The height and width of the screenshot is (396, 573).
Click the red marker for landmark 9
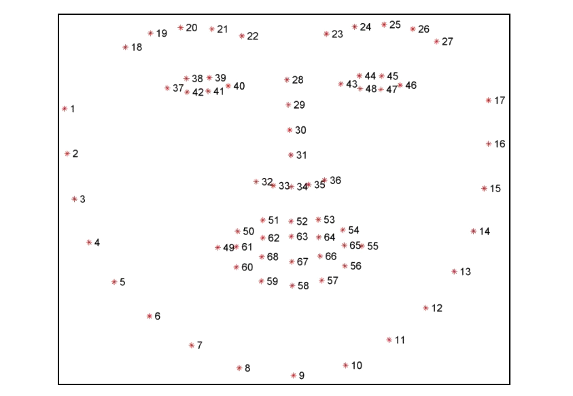(x=294, y=375)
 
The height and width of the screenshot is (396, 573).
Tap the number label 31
(x=302, y=156)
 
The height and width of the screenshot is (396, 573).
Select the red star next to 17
(x=489, y=100)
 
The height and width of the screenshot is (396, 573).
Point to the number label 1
(x=72, y=109)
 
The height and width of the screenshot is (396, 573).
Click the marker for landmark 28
(x=287, y=79)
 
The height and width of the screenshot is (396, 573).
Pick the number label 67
(x=302, y=262)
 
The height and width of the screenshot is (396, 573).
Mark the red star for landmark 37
(x=167, y=88)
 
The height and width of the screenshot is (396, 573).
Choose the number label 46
(x=411, y=86)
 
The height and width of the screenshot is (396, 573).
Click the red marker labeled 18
(x=125, y=47)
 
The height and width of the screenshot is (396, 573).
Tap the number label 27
(x=447, y=41)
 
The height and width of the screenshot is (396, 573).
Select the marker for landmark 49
(x=218, y=248)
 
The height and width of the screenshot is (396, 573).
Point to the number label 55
(x=372, y=246)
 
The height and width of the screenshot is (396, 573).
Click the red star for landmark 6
(x=150, y=316)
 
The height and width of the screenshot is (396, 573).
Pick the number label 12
(x=436, y=308)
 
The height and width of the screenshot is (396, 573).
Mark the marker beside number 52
(x=291, y=221)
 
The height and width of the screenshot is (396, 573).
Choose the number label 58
(x=303, y=286)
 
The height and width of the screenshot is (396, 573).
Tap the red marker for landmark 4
(x=89, y=242)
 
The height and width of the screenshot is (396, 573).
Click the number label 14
(x=485, y=231)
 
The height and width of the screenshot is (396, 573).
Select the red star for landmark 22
(x=242, y=36)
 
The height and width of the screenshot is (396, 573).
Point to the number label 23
(x=337, y=35)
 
